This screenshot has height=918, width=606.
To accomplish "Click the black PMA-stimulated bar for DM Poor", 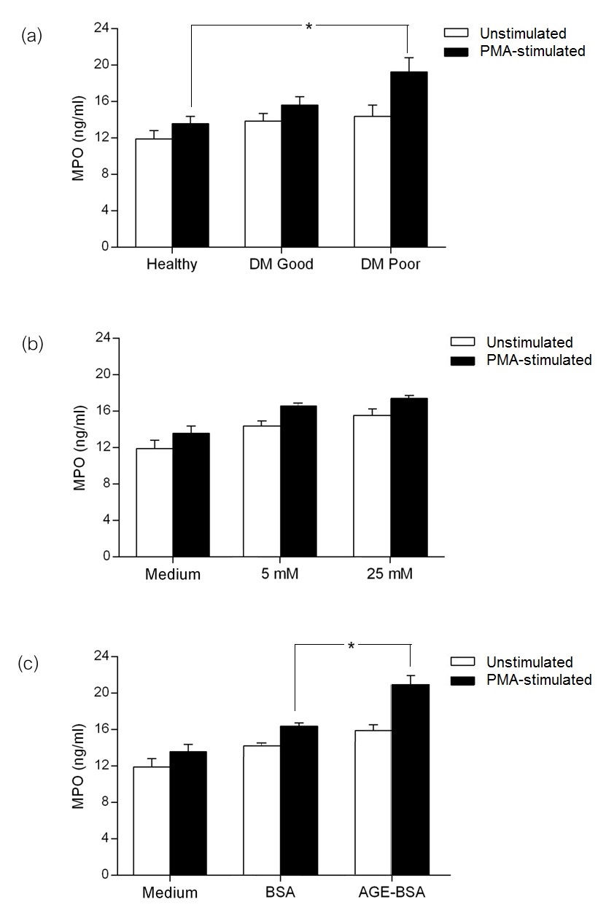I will click(408, 160).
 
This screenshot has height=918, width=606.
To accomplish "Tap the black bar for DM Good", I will click(299, 176).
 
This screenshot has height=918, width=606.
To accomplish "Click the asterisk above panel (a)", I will click(308, 28).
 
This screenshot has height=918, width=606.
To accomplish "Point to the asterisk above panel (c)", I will click(351, 646).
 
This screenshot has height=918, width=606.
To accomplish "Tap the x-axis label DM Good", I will click(281, 264).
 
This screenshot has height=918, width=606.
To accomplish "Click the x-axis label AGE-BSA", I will click(392, 892).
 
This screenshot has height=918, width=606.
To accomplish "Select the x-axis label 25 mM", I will click(390, 574).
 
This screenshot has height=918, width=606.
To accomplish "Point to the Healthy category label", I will click(171, 264).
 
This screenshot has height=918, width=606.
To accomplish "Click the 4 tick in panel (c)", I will click(105, 839).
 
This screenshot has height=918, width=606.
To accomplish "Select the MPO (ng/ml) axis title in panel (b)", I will click(79, 447).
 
